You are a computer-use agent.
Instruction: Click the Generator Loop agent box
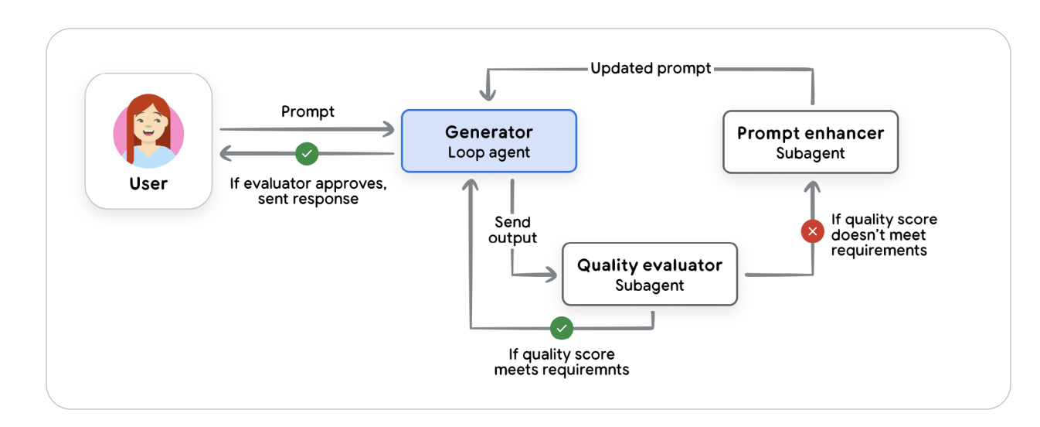pos(488,141)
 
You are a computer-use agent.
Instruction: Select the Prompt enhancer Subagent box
pos(810,142)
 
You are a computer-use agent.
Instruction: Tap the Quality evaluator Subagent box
pos(649,274)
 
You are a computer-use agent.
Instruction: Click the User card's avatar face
pos(148,128)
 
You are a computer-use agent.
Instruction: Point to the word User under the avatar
pos(148,184)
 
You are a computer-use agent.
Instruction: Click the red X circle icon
pos(812,231)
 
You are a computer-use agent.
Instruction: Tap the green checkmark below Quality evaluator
pos(562,328)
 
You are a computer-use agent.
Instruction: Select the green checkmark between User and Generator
pos(307,153)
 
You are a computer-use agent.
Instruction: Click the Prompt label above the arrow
pos(308,111)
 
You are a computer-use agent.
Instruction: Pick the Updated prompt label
pos(651,68)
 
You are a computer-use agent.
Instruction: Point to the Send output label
pos(512,230)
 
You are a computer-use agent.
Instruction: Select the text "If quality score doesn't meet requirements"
pos(883,234)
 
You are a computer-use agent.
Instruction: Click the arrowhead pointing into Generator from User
pos(388,129)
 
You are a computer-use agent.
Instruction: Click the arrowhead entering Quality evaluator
pos(550,274)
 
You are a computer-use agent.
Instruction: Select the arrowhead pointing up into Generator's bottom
pos(470,184)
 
